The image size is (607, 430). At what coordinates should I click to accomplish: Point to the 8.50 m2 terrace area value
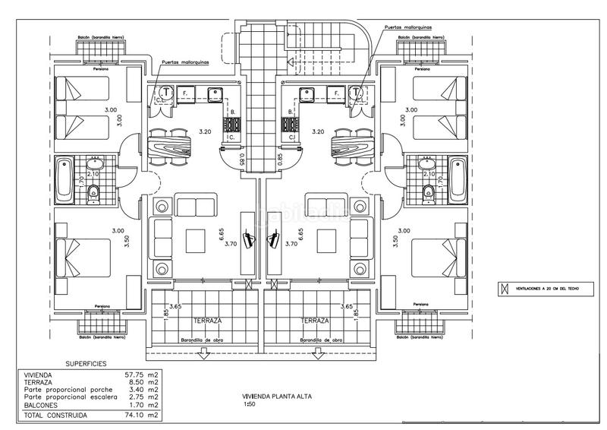(141, 382)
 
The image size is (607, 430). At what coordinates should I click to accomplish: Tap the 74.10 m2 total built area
(141, 416)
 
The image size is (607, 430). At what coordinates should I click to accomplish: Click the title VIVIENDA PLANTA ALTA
(277, 397)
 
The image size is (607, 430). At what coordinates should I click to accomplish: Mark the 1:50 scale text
(250, 404)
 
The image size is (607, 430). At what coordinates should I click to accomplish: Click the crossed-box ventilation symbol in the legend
(502, 289)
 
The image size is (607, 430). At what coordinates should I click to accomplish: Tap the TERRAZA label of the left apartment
(207, 321)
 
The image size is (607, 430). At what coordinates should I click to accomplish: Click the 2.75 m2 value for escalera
(141, 397)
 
